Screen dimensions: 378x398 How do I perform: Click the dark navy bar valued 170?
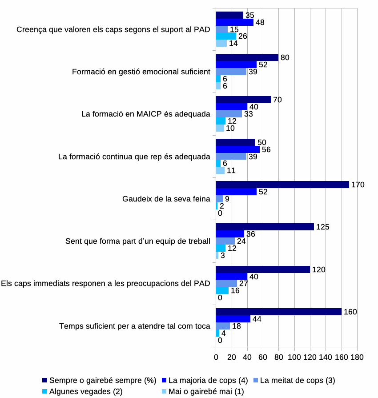pos(282,185)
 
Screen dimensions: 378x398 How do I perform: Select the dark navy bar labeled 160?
pos(278,312)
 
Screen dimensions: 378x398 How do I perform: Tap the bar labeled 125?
pos(265,227)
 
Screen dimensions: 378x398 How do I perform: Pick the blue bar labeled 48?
pos(234,22)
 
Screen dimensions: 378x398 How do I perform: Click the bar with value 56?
pos(237,149)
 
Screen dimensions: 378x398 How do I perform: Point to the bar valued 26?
pos(226,36)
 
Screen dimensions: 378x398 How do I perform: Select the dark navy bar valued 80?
pos(247,57)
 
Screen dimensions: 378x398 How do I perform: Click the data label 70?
pos(277,100)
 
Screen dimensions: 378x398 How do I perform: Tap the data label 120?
pos(318,269)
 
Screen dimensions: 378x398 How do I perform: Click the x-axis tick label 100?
pos(294,357)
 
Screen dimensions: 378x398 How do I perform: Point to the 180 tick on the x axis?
pos(357,357)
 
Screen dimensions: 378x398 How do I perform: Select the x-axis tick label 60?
pos(263,357)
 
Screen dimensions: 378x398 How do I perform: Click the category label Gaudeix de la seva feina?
pos(166,199)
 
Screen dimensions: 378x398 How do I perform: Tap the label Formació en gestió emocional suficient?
pos(141,72)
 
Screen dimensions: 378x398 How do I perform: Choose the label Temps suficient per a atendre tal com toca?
pos(135,326)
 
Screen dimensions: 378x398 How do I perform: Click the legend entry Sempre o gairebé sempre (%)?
pos(99,380)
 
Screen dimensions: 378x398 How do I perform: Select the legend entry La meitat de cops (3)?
pos(294,380)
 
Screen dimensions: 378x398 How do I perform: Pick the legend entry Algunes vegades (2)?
pos(83,391)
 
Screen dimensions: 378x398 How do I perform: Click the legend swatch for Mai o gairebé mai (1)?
pos(164,391)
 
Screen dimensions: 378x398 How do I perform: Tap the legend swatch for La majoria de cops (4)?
pos(164,380)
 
